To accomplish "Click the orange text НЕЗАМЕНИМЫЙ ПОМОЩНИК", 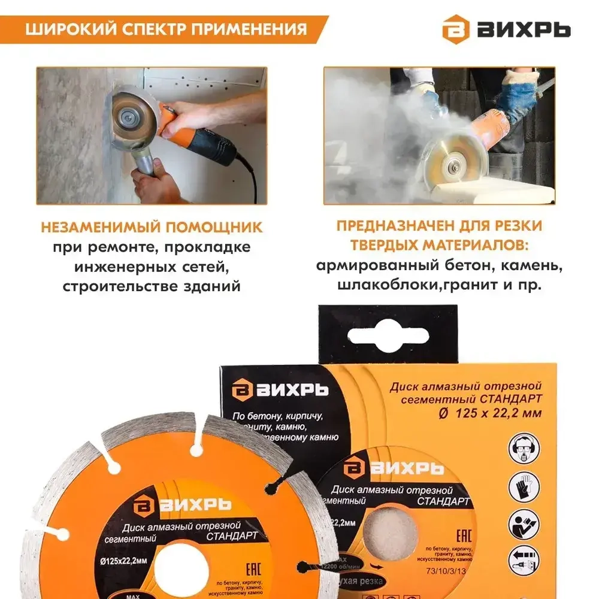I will (152, 227).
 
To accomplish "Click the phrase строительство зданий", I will (152, 286).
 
